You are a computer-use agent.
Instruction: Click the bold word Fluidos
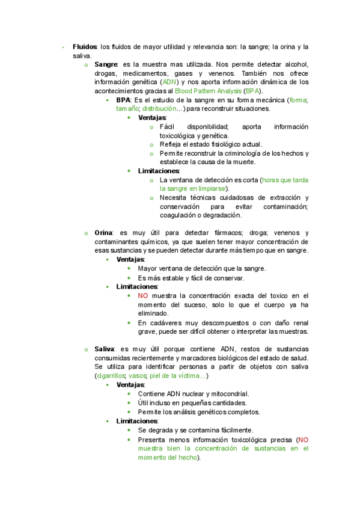(85, 46)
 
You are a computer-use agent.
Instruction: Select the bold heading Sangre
(106, 64)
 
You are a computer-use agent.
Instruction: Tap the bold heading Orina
(105, 233)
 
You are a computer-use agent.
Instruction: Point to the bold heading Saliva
(105, 349)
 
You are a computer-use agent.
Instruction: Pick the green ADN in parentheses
(169, 82)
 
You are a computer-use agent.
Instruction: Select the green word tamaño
(127, 109)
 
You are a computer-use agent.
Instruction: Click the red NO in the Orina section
(142, 295)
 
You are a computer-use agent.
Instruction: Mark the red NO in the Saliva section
(303, 439)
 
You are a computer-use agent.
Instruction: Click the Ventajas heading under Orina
(130, 259)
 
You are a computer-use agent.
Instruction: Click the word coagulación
(178, 215)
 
